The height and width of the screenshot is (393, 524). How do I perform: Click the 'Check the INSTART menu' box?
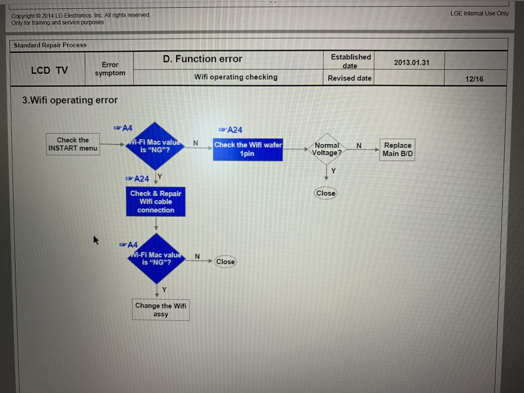point(73,144)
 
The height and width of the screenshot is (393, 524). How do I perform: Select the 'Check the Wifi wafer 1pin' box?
point(248,149)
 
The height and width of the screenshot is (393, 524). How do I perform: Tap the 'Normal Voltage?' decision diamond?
point(327,149)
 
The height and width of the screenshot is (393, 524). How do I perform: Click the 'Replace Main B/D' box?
point(398,150)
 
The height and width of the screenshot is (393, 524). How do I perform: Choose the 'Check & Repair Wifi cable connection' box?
point(155,202)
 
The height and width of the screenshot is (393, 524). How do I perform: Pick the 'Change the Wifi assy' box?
point(161,310)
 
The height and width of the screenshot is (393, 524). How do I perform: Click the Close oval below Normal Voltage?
point(326,193)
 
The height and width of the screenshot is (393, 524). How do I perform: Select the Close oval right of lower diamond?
point(225,261)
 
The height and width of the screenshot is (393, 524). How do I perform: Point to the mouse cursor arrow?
point(96,240)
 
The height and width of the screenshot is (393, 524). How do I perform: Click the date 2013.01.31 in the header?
point(412,62)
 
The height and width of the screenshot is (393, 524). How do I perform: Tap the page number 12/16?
point(474,78)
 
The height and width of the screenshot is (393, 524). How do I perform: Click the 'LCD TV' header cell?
point(49,71)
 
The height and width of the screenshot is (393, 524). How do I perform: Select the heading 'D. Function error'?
point(202,59)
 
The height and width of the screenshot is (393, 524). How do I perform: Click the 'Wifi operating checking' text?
point(235,77)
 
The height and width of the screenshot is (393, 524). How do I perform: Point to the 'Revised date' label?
point(349,78)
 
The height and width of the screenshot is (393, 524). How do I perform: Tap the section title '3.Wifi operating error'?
point(70,100)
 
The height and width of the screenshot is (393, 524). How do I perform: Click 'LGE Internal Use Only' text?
point(479,14)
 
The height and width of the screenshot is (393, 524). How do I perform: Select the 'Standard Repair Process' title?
point(50,45)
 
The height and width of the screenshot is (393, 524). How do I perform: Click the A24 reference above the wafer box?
point(231,130)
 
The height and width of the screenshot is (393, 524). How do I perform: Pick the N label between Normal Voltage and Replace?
point(359,146)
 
